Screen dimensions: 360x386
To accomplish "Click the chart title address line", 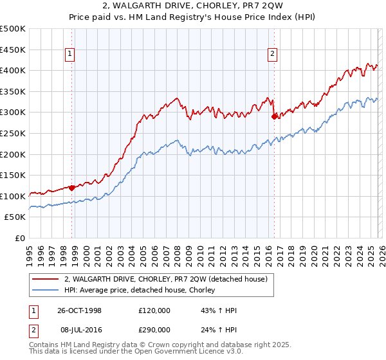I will coord(193,6).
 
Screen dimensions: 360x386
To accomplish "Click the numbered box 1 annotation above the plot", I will coord(69,55).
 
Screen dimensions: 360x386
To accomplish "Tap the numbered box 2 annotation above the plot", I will coord(273,55).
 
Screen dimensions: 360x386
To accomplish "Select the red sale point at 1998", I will coord(72,188).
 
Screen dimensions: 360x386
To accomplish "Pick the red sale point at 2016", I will coord(275,116).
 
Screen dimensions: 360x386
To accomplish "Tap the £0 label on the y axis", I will coord(21,238).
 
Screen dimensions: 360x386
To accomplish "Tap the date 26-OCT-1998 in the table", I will coord(80,310).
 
